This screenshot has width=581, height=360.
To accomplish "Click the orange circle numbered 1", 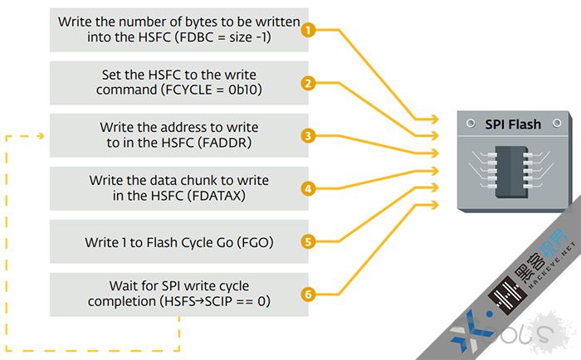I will [308, 30].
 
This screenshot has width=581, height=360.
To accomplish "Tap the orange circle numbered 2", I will [308, 83].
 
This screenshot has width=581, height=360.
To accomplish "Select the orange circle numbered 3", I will [308, 135].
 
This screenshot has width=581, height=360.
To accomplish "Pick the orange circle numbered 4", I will [308, 188].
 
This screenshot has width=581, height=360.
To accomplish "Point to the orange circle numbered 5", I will [308, 242].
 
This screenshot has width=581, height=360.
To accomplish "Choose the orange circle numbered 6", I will [308, 294].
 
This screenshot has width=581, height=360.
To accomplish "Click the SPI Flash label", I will [513, 125].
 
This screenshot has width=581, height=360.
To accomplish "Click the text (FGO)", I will [254, 242].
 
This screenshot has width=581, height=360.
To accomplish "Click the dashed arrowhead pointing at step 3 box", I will [40, 136].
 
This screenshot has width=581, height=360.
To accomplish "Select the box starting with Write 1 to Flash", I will [178, 242].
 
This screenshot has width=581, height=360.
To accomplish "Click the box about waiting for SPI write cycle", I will [178, 294].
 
